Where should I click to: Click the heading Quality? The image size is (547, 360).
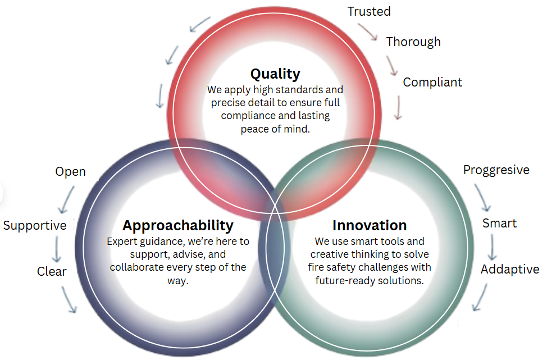coord(275,74)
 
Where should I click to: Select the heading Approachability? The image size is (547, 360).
coord(178,226)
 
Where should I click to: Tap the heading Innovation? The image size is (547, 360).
coord(370,225)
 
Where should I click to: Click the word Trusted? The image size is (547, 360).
coord(369,11)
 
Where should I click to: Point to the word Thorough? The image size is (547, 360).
coord(413,42)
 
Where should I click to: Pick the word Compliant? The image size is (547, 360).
coord(432,83)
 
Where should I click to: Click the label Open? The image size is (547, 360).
coord(70,172)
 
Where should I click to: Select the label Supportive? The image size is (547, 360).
coord(35,226)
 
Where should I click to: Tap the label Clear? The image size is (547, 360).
coord(52,271)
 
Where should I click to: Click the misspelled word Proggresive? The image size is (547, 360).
coord(496,170)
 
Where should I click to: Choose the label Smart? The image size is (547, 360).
coord(499,224)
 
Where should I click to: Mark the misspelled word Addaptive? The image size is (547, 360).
coord(510,270)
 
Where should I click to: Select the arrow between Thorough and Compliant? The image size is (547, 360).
coord(391,65)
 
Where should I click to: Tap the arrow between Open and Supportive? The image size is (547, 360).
coord(67,199)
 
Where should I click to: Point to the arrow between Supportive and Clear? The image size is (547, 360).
coord(57,249)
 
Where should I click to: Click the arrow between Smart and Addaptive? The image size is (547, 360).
coord(492,247)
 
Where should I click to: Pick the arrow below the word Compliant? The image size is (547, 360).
coord(398,108)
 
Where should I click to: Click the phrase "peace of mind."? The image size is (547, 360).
coord(275,129)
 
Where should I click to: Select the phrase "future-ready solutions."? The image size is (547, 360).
coord(370,281)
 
